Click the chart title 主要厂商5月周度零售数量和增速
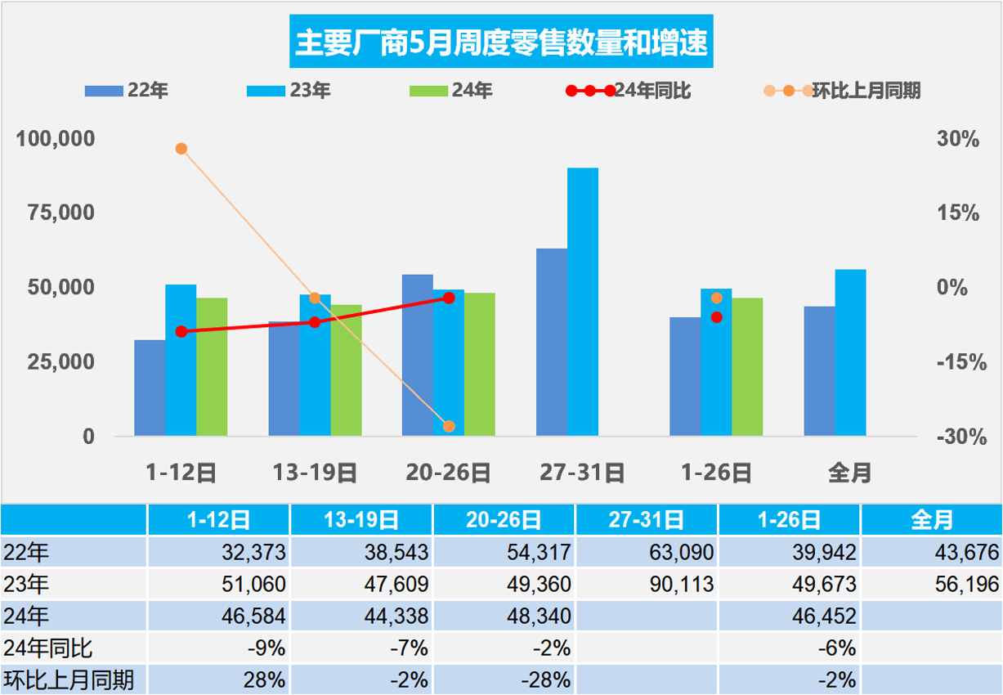click(x=501, y=43)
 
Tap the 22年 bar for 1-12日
click(x=150, y=388)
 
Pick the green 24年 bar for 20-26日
click(x=480, y=364)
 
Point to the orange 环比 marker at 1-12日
click(x=181, y=149)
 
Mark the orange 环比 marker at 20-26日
click(x=449, y=426)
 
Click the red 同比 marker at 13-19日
click(x=315, y=322)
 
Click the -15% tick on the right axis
click(x=957, y=362)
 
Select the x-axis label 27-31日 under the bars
click(x=582, y=473)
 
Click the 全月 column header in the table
click(x=931, y=520)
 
